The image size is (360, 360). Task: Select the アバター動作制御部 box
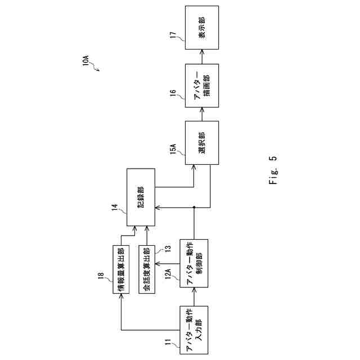193,263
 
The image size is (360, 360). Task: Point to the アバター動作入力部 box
193,330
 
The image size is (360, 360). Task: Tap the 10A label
86,61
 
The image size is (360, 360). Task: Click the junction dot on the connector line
193,208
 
